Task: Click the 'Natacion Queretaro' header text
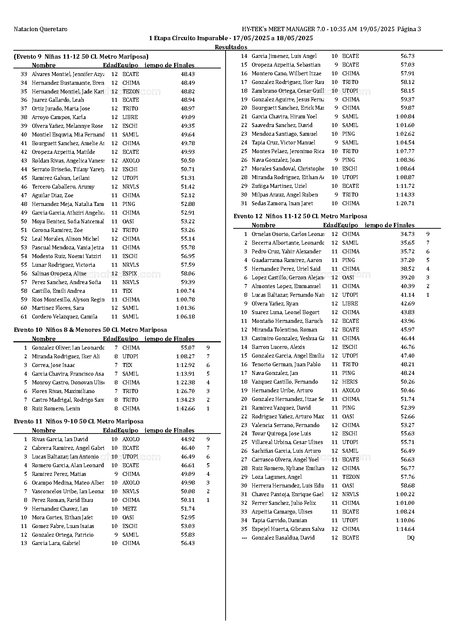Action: pyautogui.click(x=41, y=29)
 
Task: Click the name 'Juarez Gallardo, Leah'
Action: pyautogui.click(x=58, y=100)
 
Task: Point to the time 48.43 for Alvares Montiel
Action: pyautogui.click(x=188, y=74)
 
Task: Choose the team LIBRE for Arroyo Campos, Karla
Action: pyautogui.click(x=130, y=117)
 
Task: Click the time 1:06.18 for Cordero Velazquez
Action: pyautogui.click(x=185, y=317)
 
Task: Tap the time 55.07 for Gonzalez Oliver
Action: pyautogui.click(x=188, y=348)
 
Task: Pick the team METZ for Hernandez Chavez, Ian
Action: pyautogui.click(x=129, y=509)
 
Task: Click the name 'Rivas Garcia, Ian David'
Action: pyautogui.click(x=60, y=439)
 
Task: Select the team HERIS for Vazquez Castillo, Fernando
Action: pyautogui.click(x=350, y=382)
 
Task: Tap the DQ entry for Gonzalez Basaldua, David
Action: pyautogui.click(x=410, y=538)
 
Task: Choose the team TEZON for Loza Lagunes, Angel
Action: pyautogui.click(x=351, y=477)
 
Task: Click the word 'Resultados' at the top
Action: pyautogui.click(x=231, y=47)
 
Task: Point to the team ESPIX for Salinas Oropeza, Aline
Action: pyautogui.click(x=130, y=274)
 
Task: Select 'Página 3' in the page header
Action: pyautogui.click(x=409, y=29)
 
